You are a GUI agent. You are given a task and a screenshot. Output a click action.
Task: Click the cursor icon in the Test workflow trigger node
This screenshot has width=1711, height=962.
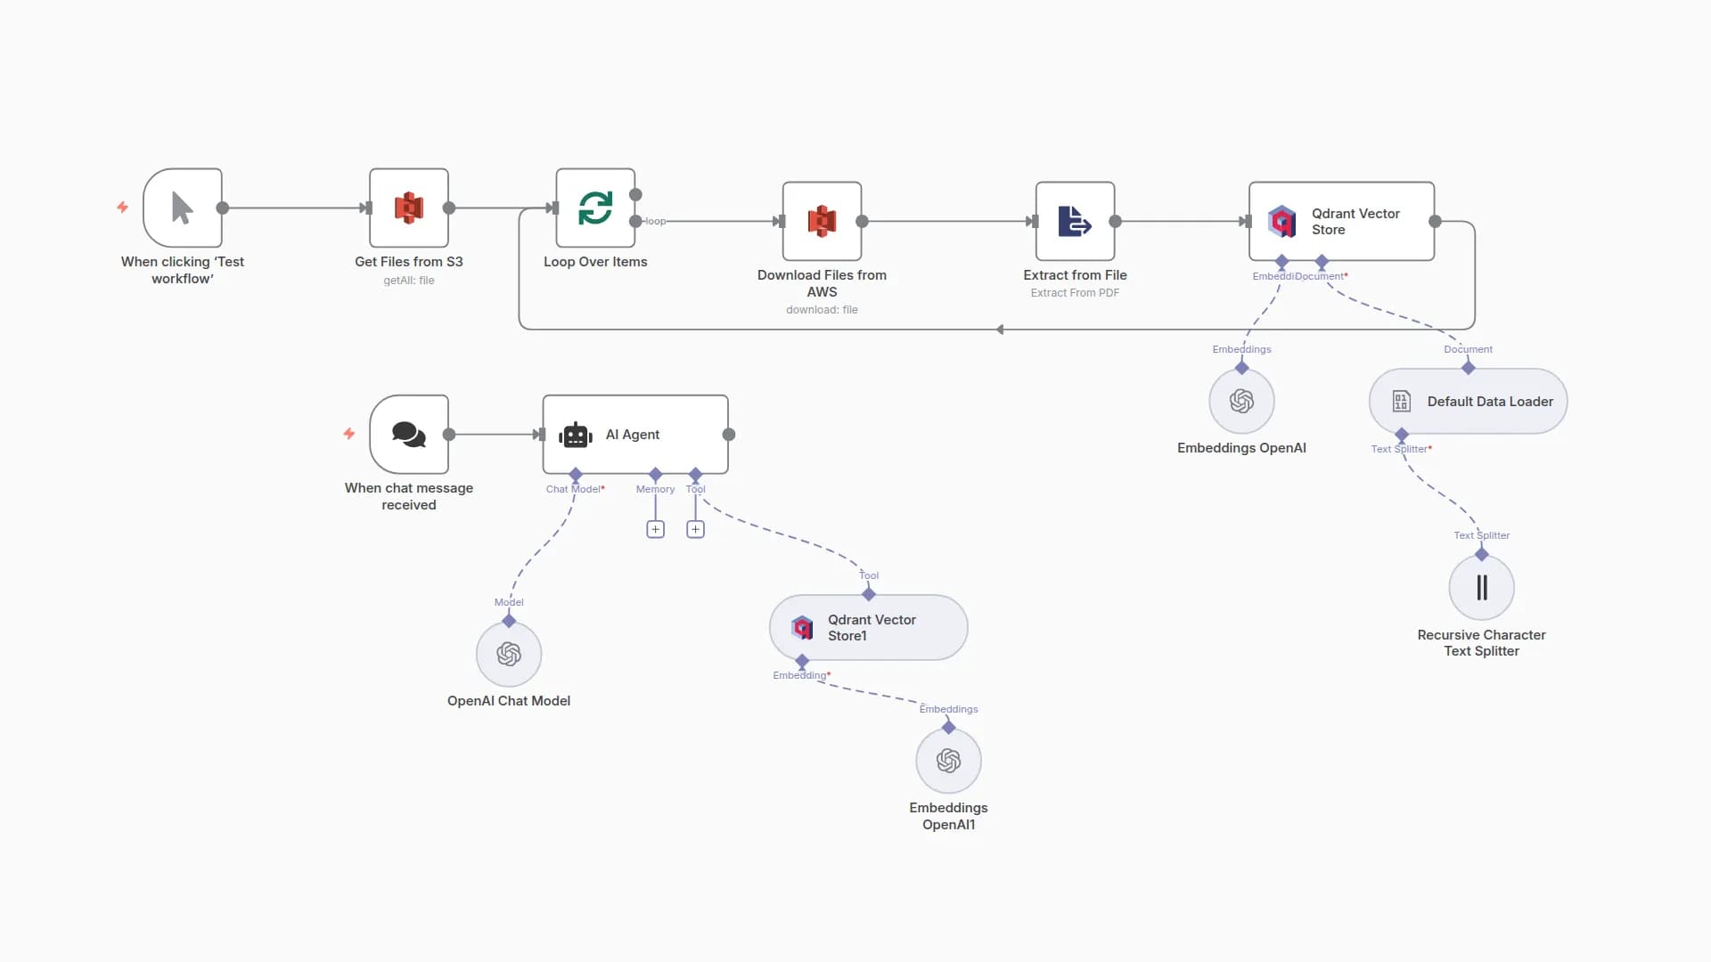[x=182, y=208]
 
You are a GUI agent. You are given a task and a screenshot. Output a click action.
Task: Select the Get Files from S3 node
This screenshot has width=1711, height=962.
[x=409, y=208]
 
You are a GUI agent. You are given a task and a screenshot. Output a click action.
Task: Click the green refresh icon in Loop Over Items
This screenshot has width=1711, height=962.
[x=595, y=208]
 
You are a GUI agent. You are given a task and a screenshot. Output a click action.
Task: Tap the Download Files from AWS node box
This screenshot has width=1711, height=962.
[x=822, y=221]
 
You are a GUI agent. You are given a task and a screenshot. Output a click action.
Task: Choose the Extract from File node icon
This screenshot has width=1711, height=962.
[x=1075, y=221]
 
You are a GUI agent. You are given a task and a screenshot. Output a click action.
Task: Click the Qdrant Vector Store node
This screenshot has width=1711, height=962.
[x=1341, y=221]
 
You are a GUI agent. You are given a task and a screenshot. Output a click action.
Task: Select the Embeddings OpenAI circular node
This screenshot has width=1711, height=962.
[x=1241, y=402]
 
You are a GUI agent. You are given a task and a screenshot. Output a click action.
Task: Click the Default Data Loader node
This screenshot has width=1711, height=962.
[x=1468, y=402]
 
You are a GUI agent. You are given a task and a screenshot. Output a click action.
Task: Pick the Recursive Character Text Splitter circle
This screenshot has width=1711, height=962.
[x=1481, y=588]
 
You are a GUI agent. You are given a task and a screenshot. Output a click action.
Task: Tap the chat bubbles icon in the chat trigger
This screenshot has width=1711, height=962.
[x=409, y=434]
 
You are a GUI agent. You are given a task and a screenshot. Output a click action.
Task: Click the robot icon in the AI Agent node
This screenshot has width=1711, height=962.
[x=576, y=435]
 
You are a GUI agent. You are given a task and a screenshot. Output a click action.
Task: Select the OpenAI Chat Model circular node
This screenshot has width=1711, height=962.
[x=509, y=655]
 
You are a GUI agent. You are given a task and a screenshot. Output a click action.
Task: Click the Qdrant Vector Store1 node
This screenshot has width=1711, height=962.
[x=868, y=628]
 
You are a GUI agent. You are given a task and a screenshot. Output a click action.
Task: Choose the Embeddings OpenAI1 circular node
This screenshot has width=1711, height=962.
[x=948, y=761]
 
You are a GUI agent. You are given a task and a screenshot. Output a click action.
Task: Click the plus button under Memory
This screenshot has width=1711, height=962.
[x=655, y=529]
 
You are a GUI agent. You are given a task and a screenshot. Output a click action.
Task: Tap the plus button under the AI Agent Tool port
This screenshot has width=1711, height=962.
[x=695, y=529]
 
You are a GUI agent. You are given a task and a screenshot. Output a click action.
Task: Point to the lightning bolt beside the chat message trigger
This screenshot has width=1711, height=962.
[x=349, y=434]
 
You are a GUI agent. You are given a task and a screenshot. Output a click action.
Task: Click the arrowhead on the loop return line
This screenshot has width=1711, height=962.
[x=1000, y=330]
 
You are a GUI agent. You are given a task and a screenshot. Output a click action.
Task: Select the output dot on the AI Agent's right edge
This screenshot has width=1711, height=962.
[x=729, y=435]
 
